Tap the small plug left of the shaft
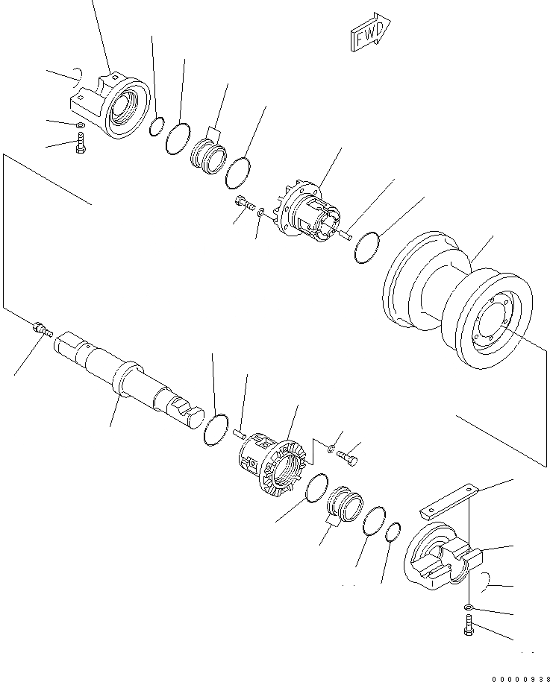[x=42, y=328]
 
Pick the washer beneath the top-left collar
[x=80, y=124]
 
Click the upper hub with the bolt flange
[x=310, y=212]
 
